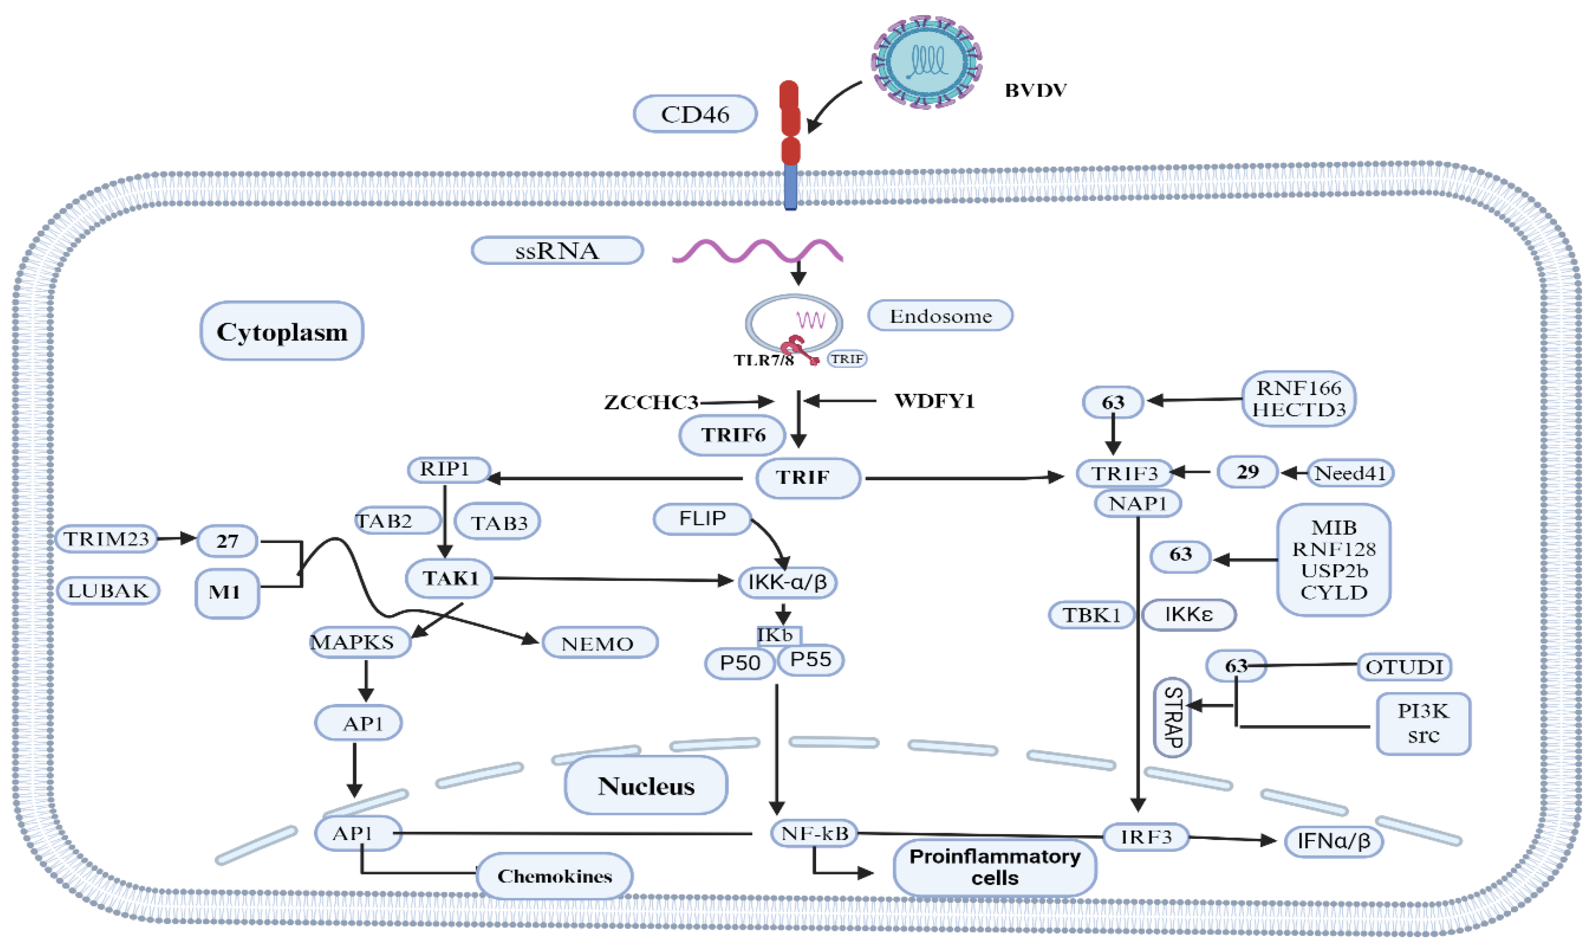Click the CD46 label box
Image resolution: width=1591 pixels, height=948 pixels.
click(695, 114)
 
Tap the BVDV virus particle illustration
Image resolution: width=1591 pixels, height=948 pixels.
click(927, 62)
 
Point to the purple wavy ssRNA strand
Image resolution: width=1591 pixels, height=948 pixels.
click(757, 251)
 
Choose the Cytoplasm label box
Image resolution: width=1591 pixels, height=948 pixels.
click(282, 331)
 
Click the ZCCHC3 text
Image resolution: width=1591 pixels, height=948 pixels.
click(650, 402)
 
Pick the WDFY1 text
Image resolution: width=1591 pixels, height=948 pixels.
click(934, 401)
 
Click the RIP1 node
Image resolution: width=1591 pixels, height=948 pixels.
click(449, 469)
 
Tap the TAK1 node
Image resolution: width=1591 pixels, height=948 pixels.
click(450, 578)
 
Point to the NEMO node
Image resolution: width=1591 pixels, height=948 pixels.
click(599, 643)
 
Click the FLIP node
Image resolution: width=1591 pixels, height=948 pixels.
click(702, 519)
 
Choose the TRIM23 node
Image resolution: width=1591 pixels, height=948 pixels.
click(106, 539)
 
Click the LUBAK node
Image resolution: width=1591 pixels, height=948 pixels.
click(108, 591)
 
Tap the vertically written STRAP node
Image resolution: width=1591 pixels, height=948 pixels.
click(1173, 717)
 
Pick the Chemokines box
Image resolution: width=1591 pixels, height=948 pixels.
click(554, 876)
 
